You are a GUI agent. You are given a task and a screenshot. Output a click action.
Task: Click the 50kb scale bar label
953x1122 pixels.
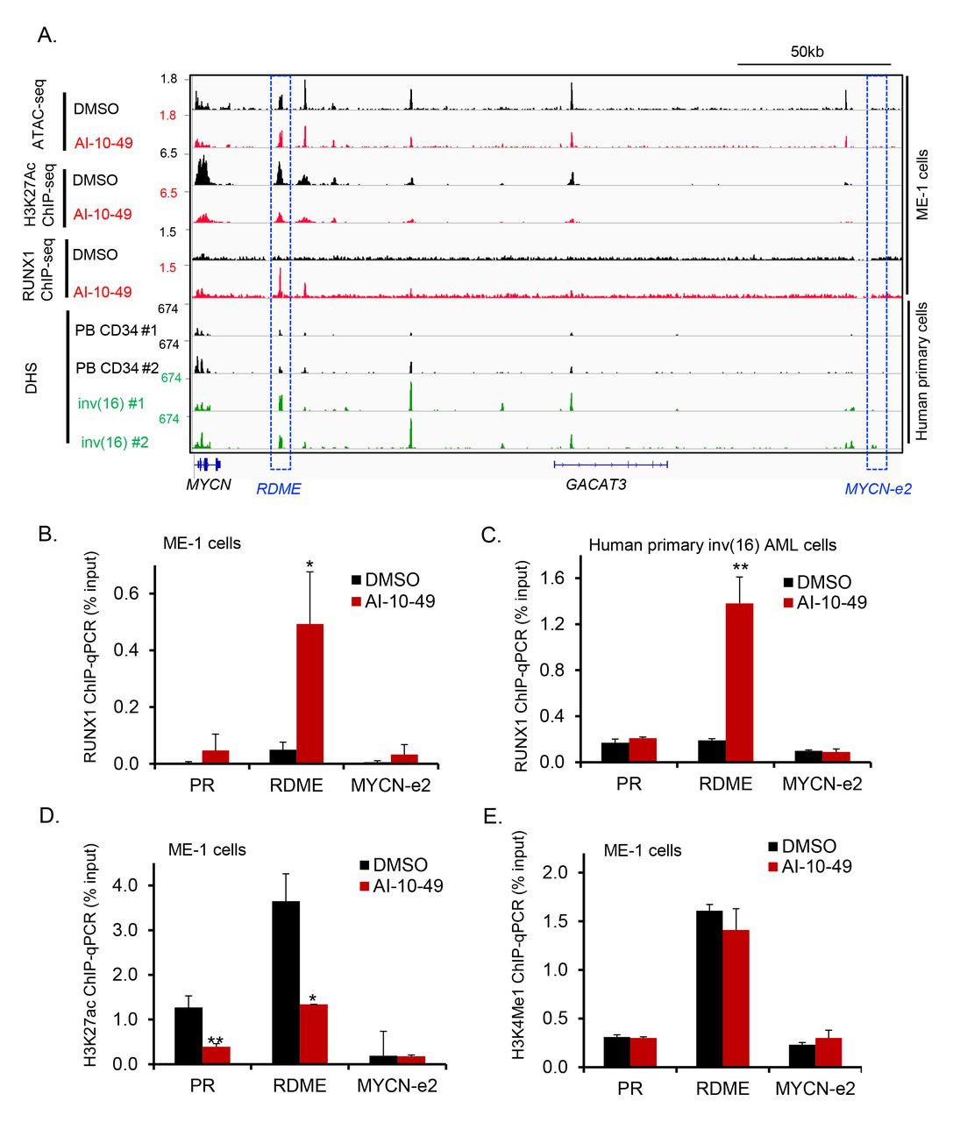point(806,52)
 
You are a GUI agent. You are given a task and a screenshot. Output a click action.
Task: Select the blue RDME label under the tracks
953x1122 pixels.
point(278,489)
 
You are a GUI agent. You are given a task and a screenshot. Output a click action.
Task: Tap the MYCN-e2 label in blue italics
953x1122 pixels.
point(877,489)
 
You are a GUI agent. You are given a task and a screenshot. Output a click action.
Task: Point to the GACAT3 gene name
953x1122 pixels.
point(595,484)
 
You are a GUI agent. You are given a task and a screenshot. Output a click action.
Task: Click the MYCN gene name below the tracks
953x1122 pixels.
point(209,484)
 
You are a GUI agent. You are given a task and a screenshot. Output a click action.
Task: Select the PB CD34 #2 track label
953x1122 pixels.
point(117,368)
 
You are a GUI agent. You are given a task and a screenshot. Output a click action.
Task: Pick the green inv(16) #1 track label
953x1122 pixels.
point(111,404)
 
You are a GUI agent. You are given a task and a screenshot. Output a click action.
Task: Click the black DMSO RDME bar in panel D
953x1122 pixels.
point(286,982)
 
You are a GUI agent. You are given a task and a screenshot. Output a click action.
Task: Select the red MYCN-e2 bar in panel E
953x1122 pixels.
point(829,1052)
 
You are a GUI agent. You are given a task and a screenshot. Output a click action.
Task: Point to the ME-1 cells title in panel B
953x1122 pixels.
point(202,543)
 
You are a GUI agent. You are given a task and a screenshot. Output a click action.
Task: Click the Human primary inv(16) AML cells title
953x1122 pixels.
point(712,545)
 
